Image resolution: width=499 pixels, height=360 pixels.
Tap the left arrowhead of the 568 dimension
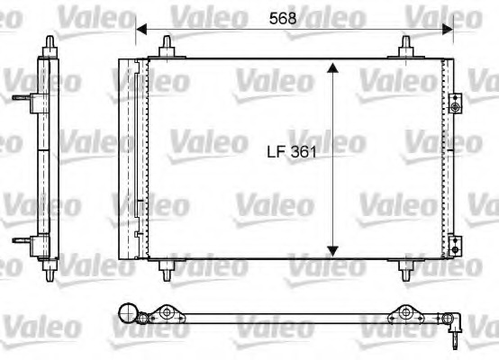coord(139,29)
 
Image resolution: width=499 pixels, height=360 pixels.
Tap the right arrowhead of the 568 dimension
coord(449,29)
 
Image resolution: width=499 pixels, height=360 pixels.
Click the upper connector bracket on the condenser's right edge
coord(456,106)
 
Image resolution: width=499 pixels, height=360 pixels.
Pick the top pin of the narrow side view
coord(47,41)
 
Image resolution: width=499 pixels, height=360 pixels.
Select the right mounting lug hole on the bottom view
coord(404,315)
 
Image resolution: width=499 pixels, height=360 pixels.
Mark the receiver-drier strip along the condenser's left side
coord(136,158)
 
